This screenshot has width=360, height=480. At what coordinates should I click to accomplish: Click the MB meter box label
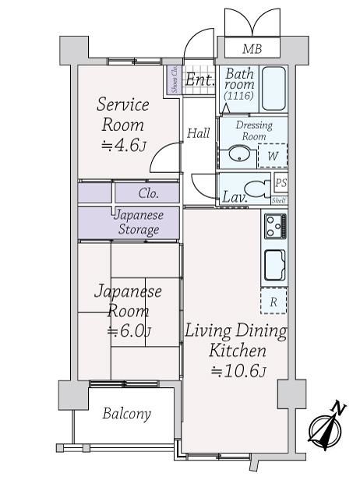[x=252, y=48]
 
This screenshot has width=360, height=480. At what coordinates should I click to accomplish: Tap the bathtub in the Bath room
[x=274, y=89]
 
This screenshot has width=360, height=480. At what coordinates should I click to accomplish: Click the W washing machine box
[x=273, y=156]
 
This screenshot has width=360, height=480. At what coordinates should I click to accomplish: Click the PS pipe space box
[x=281, y=183]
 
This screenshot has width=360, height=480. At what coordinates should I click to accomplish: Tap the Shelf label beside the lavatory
[x=279, y=200]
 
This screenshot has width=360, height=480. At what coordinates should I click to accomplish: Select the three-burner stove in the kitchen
[x=276, y=226]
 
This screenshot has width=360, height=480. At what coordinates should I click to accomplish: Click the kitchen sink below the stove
[x=275, y=266]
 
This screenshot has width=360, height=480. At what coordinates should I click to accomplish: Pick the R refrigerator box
[x=274, y=301]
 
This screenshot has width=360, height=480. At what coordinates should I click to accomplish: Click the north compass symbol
[x=326, y=427]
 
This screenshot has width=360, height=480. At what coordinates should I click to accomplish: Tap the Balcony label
[x=127, y=414]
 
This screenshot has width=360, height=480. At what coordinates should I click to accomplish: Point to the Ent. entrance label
[x=199, y=80]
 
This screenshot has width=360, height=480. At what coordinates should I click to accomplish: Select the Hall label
[x=199, y=133]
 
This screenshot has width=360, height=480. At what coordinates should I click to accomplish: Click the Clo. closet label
[x=149, y=193]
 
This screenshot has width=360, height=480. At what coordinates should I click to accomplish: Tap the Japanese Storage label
[x=139, y=222]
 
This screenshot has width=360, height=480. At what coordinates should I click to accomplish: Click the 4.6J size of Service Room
[x=124, y=146]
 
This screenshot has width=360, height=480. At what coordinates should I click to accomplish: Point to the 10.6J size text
[x=238, y=372]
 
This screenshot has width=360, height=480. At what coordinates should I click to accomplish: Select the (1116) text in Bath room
[x=238, y=96]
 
